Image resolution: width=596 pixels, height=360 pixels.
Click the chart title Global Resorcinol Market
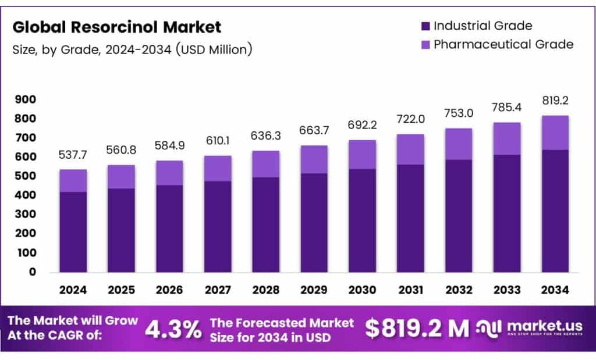(x=117, y=27)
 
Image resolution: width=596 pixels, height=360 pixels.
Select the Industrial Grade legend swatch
(x=425, y=26)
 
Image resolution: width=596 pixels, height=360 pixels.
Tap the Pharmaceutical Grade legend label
(x=503, y=44)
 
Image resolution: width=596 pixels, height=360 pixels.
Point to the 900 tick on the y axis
(x=26, y=99)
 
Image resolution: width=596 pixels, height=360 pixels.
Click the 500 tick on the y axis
(x=26, y=176)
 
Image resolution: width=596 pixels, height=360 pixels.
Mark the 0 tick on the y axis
(x=33, y=272)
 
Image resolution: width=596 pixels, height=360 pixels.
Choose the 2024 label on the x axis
(x=74, y=290)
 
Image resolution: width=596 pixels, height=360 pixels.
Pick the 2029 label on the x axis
(x=315, y=290)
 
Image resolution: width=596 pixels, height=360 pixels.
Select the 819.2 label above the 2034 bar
(x=555, y=100)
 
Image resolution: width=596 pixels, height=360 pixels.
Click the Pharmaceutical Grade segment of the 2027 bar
(x=218, y=168)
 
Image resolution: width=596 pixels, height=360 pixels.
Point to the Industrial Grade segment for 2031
(x=411, y=218)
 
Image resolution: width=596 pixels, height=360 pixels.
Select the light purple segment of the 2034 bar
(x=555, y=133)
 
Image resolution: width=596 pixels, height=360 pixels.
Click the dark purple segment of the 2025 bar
(x=122, y=230)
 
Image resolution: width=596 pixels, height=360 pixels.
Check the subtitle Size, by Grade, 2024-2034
(x=132, y=50)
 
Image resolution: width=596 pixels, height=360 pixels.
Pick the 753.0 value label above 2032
(x=459, y=113)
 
